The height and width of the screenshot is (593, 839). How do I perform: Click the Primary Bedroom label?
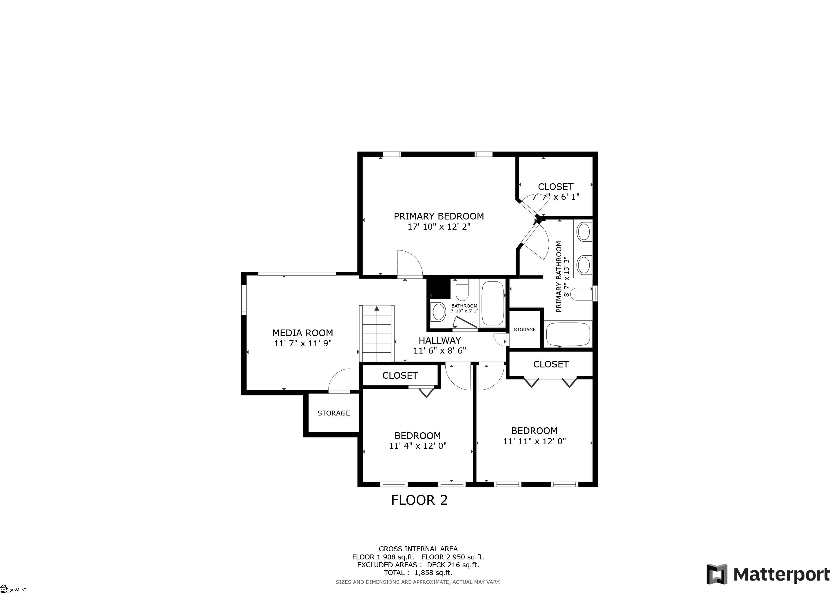tap(439, 216)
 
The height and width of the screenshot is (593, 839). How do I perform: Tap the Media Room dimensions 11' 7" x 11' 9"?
tap(302, 343)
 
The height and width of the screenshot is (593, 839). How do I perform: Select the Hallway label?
tap(439, 340)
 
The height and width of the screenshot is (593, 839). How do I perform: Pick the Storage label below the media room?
tap(334, 413)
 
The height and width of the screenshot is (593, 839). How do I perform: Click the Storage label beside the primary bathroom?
tap(525, 330)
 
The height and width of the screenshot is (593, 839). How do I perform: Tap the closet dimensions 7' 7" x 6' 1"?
tap(556, 197)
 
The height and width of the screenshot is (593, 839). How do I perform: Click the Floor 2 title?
tap(419, 500)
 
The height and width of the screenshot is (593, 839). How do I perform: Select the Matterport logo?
tap(768, 574)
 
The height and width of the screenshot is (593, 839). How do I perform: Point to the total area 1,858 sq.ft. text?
tap(418, 572)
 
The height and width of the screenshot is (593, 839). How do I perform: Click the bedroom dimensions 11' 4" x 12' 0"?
tap(418, 446)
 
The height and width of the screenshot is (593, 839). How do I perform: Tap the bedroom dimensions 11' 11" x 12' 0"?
tap(535, 441)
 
